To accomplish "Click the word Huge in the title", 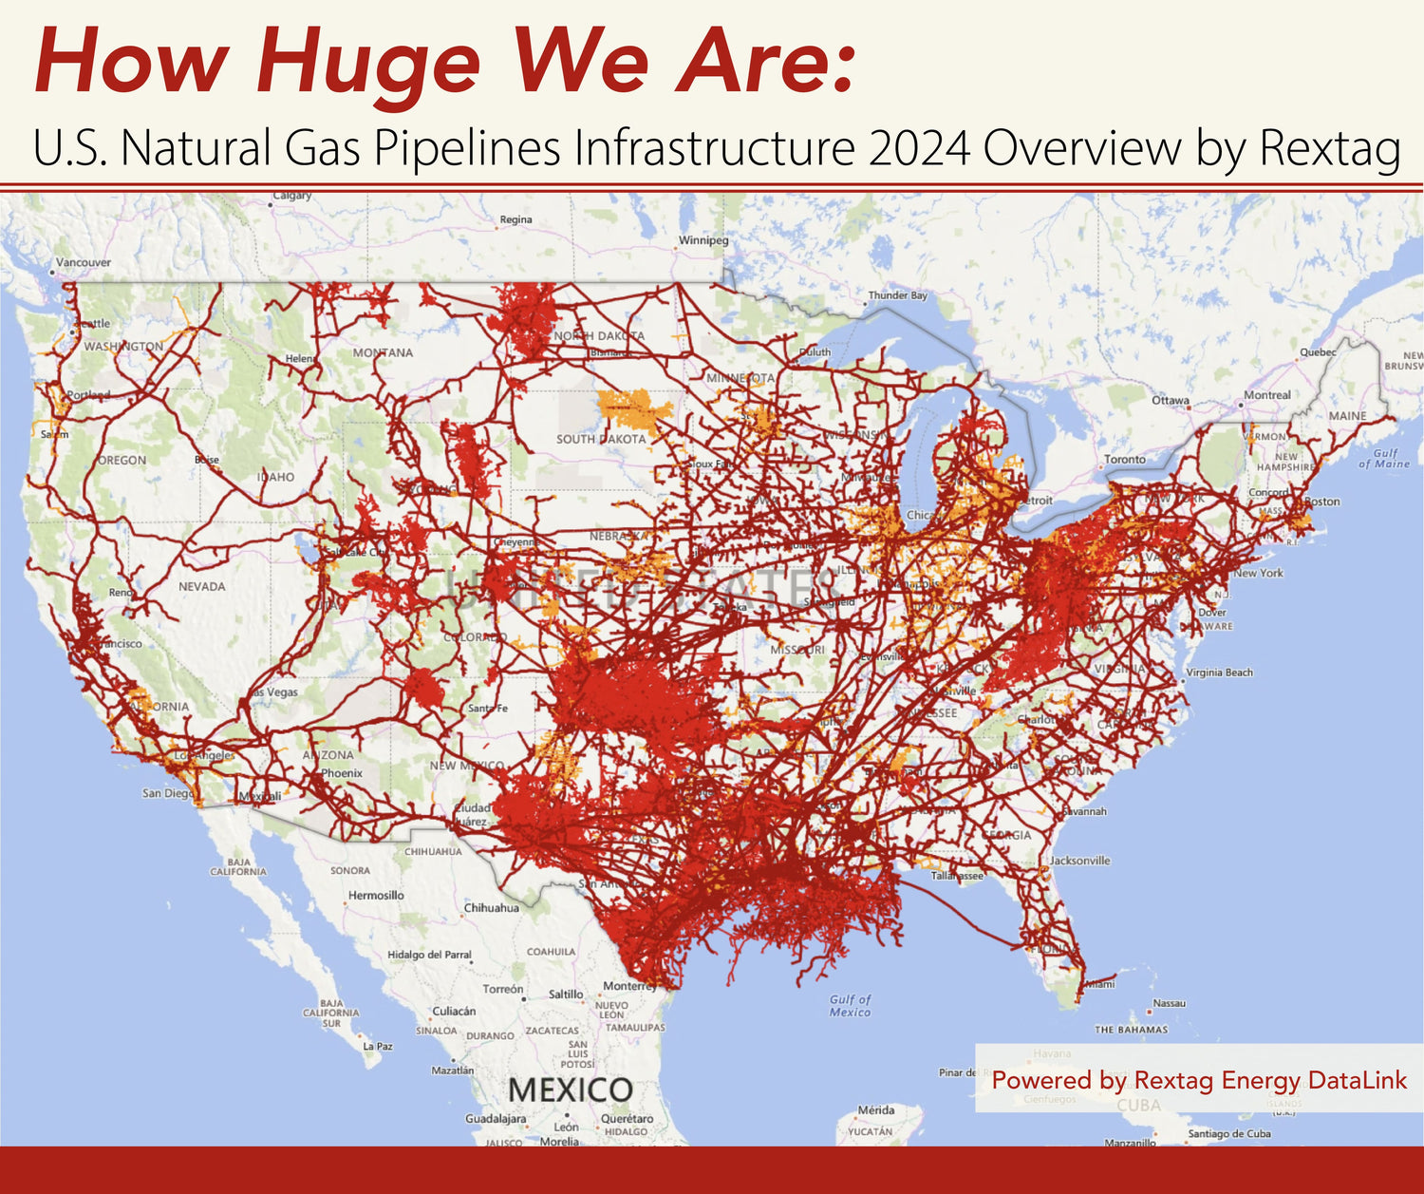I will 368,63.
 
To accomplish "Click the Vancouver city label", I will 83,262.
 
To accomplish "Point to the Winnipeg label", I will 703,240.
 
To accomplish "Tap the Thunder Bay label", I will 897,295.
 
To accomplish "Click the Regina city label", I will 515,219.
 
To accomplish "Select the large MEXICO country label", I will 570,1090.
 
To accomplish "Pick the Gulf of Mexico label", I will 850,1005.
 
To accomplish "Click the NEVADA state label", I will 202,586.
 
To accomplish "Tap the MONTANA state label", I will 383,352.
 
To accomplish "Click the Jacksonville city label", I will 1079,861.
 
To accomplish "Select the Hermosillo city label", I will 376,895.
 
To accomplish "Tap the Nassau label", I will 1169,1003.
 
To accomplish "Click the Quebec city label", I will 1318,352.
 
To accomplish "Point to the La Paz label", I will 378,1046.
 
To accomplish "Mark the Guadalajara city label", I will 496,1119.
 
